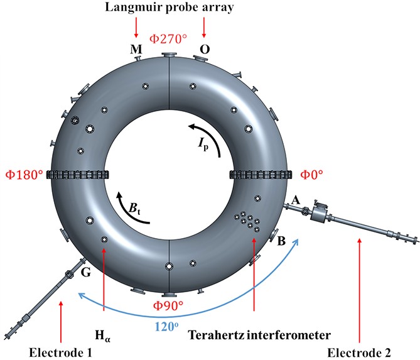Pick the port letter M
pos(136,48)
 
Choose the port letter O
pos(203,48)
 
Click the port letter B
pos(282,240)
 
